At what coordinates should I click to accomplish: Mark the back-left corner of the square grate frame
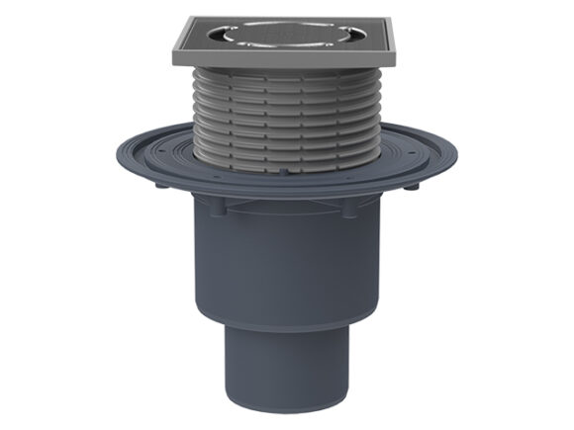tap(186, 19)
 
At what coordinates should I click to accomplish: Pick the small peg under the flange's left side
tap(160, 185)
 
